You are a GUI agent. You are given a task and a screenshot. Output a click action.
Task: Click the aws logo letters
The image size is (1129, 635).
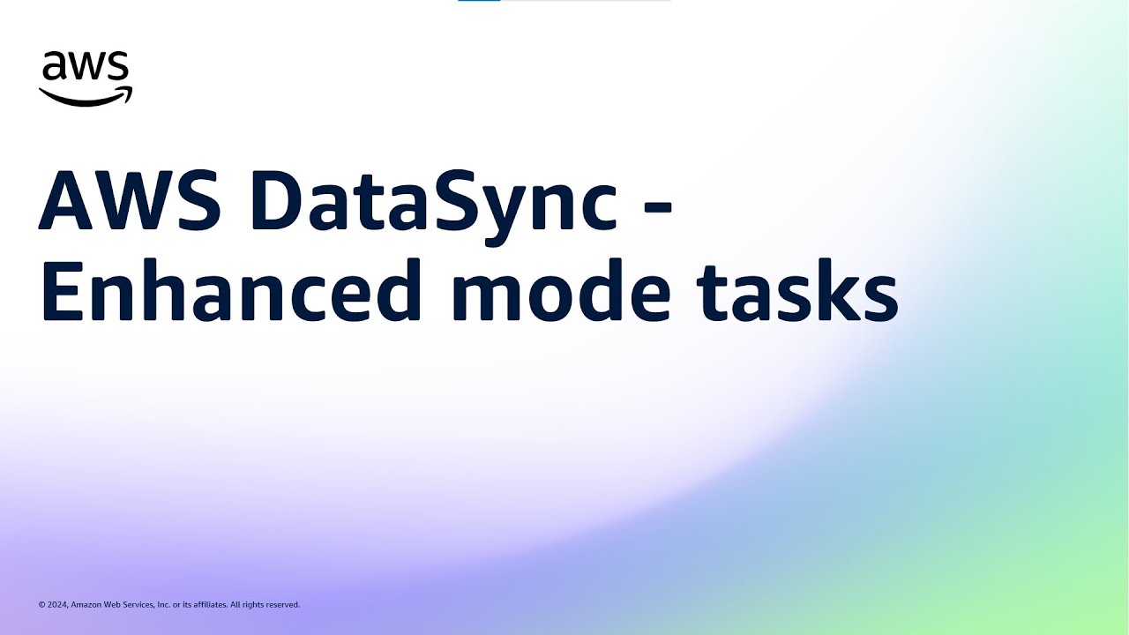86,68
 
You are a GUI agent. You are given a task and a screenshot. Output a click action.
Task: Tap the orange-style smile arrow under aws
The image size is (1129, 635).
86,97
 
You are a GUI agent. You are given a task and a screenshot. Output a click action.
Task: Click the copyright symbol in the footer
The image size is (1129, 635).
41,605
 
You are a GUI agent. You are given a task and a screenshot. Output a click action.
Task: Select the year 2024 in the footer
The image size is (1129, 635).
57,605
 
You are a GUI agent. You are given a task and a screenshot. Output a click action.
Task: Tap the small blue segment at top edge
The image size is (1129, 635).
479,1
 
